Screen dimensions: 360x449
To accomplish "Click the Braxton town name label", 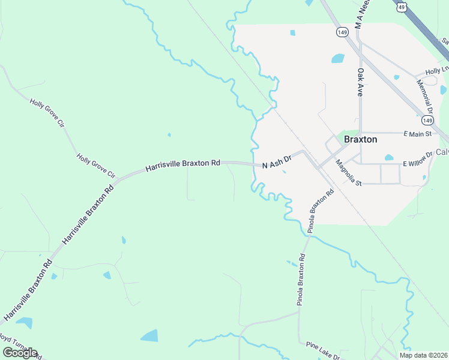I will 360,139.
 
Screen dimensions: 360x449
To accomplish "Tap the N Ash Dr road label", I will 276,161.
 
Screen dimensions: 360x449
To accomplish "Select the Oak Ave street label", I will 361,82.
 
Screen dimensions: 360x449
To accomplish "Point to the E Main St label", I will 418,133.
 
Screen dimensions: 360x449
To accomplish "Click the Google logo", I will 20,353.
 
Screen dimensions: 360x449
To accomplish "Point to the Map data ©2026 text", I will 423,355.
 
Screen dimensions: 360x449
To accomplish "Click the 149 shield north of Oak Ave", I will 342,32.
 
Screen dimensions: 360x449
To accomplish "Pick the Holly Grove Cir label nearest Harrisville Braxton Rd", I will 95,166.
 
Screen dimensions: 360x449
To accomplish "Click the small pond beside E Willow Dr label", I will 389,158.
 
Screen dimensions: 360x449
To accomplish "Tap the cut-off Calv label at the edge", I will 442,152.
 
